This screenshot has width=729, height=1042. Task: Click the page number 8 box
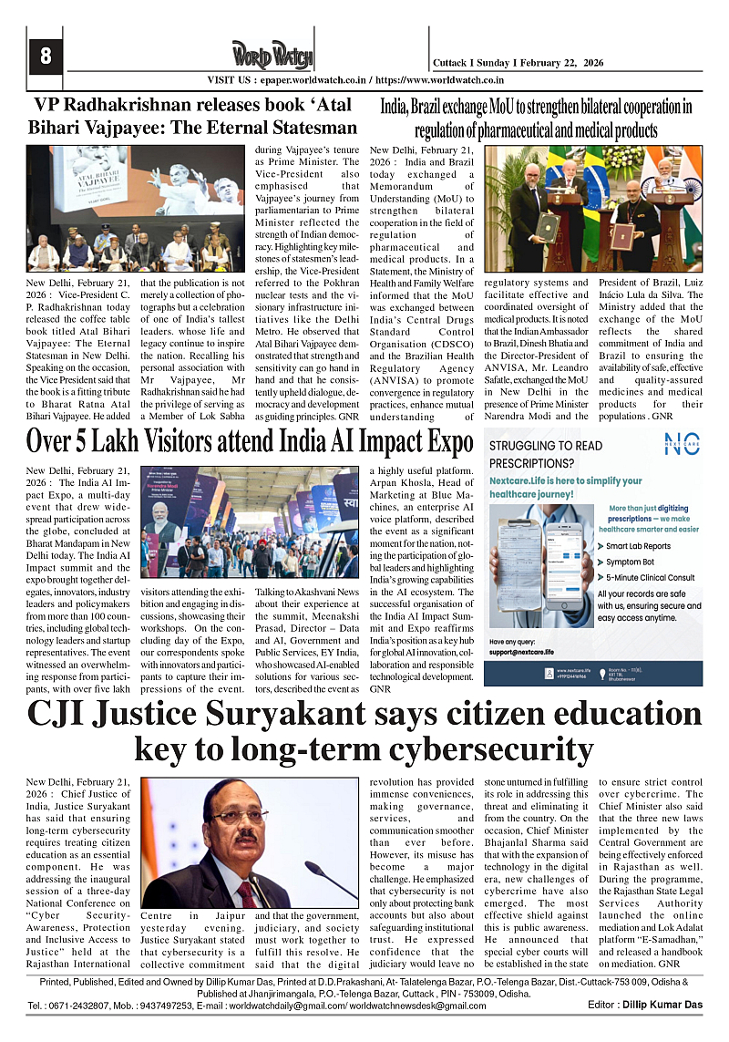[x=45, y=56]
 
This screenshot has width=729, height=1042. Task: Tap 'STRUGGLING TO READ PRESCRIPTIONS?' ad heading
[x=545, y=454]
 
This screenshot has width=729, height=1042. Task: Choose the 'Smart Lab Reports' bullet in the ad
[x=637, y=546]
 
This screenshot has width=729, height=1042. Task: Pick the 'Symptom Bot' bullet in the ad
[x=629, y=562]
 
